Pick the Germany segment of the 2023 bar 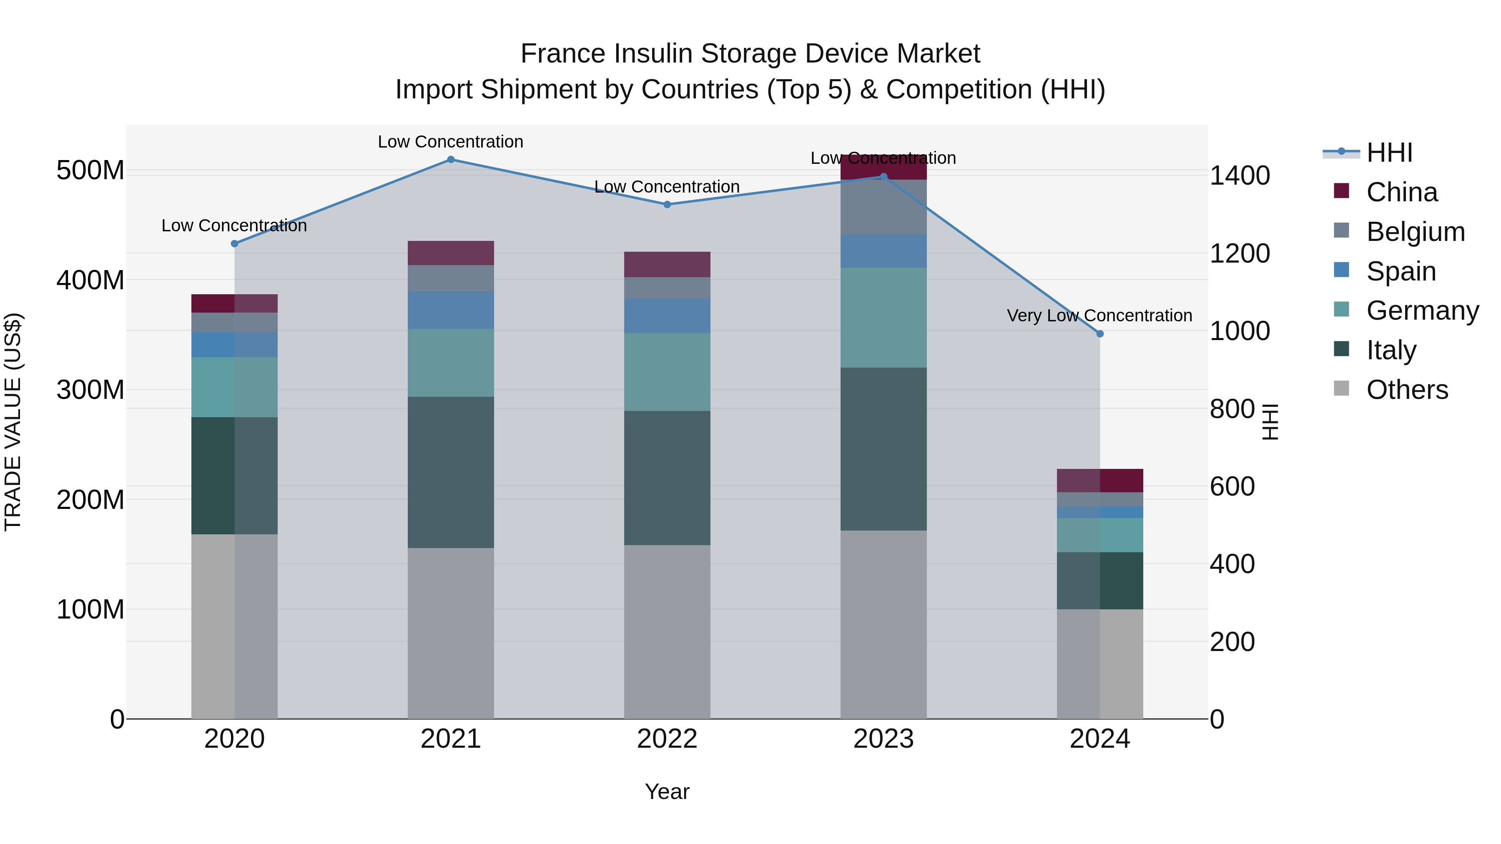coord(884,318)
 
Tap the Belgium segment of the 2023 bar coord(884,208)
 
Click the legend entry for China coord(1401,192)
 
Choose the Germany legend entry coord(1422,311)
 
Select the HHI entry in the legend coord(1389,153)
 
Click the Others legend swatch coord(1341,388)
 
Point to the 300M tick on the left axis coord(90,389)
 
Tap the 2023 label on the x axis coord(884,739)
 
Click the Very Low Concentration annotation coord(1099,316)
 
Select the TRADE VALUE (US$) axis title coord(13,422)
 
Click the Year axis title coord(667,791)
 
